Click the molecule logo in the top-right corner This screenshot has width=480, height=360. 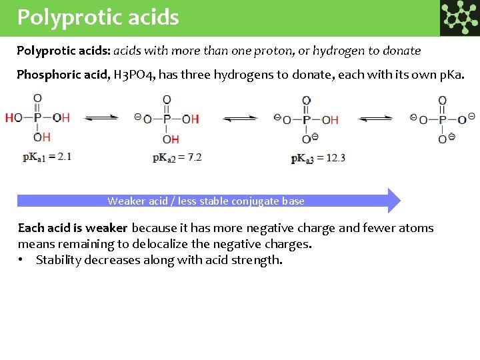point(459,17)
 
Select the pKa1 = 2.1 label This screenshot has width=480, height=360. point(47,157)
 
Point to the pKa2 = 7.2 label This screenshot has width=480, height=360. point(177,158)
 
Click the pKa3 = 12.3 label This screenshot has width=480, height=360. point(318,159)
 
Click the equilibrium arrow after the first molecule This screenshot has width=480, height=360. point(101,118)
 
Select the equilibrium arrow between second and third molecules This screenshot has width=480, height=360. point(240,119)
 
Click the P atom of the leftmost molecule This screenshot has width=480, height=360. point(37,118)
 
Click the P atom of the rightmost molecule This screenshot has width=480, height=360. point(442,121)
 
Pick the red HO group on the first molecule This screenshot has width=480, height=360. point(14,118)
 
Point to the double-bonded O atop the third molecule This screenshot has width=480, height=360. point(306,101)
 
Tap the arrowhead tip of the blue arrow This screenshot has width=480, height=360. point(399,201)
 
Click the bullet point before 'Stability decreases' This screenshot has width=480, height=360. point(22,260)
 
